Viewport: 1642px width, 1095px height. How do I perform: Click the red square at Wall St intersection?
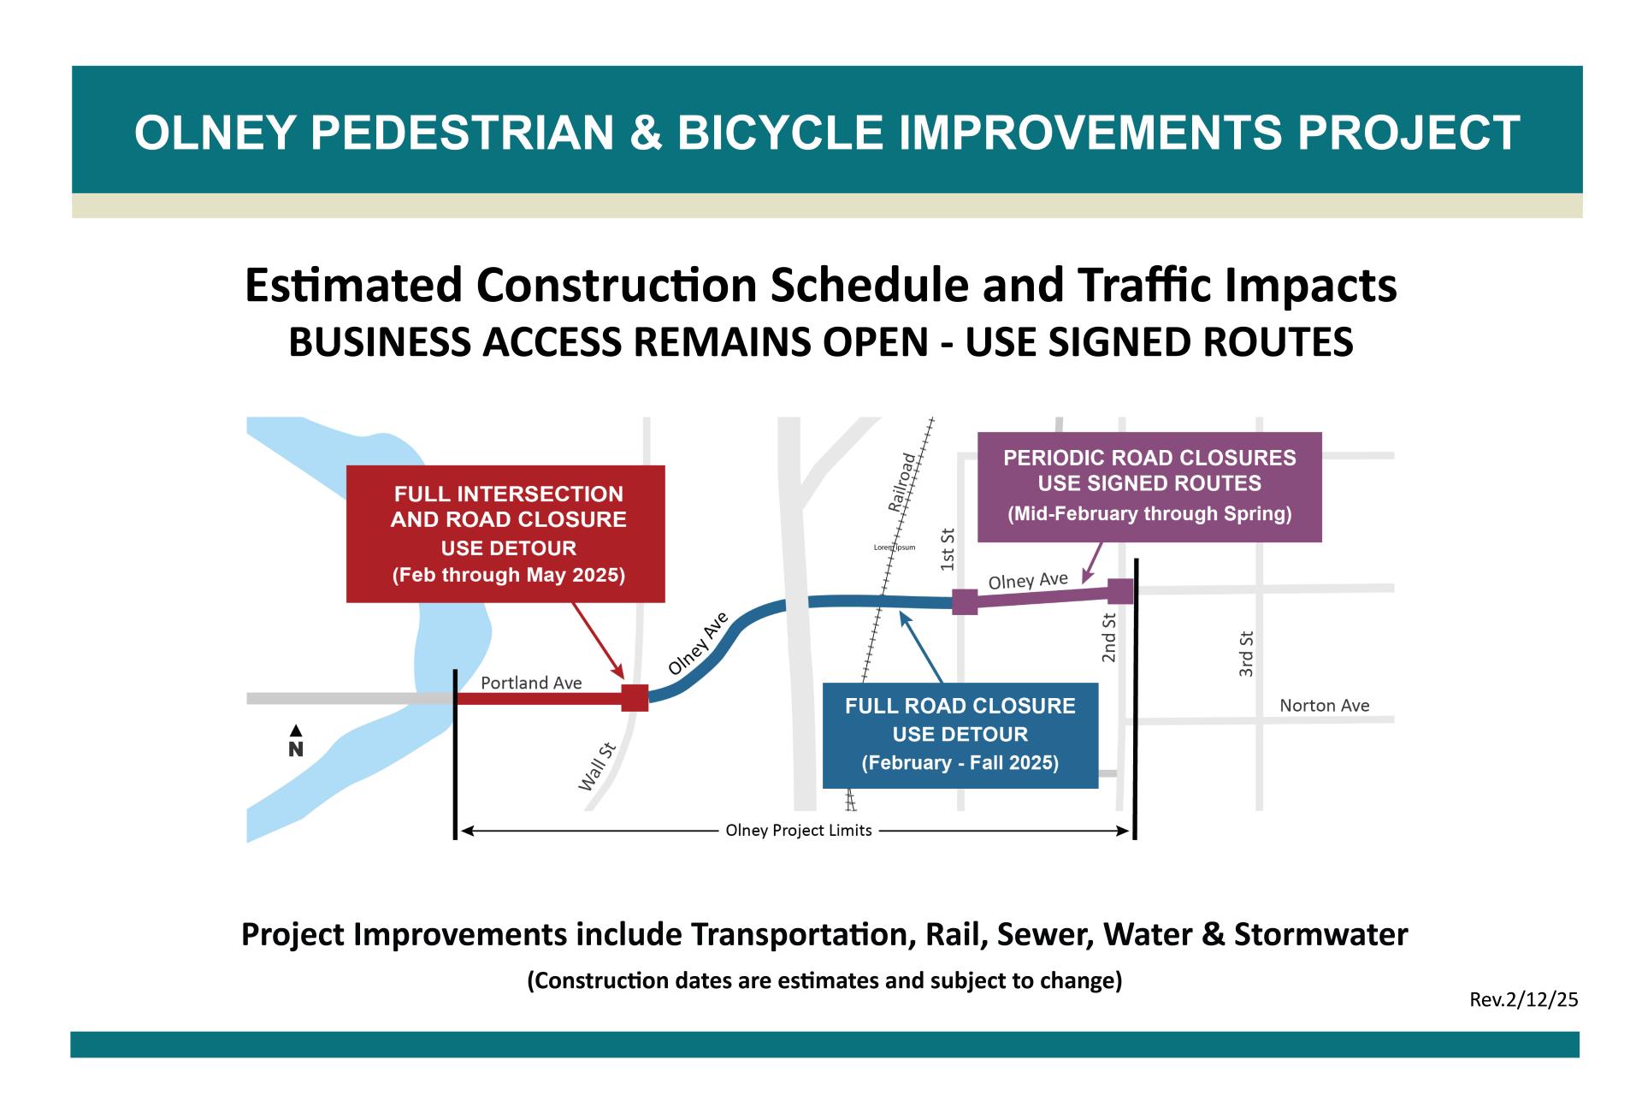tap(634, 698)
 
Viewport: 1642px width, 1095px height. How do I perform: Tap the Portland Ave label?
tap(531, 683)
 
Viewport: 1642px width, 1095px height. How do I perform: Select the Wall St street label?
tap(598, 767)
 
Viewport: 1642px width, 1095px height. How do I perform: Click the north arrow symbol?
tap(296, 740)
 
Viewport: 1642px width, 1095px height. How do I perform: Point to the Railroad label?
tap(902, 482)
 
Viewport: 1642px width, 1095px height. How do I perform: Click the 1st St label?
tap(947, 549)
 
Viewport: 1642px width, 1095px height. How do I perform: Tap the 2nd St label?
tap(1109, 637)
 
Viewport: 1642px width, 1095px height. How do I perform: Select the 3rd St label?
tap(1247, 654)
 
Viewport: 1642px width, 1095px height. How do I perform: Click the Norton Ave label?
tap(1324, 706)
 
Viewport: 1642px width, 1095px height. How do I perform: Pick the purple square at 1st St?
tap(965, 602)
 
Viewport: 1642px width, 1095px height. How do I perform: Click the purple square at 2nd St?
tap(1120, 591)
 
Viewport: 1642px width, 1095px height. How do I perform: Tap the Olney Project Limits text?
tap(798, 831)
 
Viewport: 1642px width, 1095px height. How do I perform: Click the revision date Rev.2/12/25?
tap(1524, 999)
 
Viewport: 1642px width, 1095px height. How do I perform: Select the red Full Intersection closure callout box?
tap(505, 534)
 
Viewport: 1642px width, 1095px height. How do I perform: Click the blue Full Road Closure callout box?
tap(960, 735)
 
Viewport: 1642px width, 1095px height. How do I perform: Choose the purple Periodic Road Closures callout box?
tap(1149, 486)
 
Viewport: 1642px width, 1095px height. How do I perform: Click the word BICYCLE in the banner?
tap(779, 133)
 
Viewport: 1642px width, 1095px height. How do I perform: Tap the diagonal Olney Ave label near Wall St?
tap(698, 643)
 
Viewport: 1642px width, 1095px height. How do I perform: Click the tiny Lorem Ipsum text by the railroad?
tap(895, 547)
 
